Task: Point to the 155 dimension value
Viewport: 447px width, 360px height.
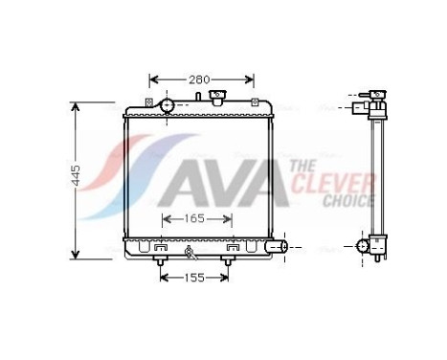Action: (x=194, y=279)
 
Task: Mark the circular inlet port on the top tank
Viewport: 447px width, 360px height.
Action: (x=167, y=104)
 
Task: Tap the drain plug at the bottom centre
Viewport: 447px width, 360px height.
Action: (x=190, y=255)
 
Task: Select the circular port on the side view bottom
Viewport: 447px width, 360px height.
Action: (x=365, y=246)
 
